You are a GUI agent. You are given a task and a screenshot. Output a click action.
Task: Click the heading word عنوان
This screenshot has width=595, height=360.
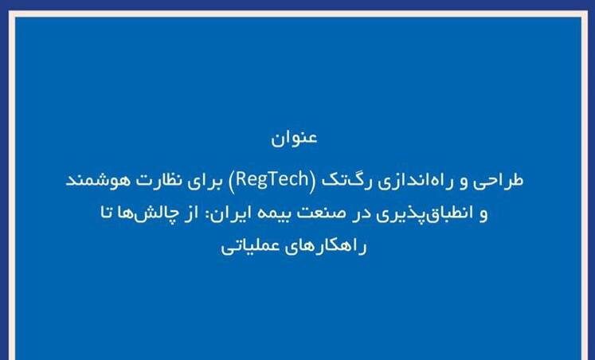[294, 137]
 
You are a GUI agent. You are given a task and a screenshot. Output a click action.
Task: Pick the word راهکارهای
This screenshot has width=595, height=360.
[330, 248]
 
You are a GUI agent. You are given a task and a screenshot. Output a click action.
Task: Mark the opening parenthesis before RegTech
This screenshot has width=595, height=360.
[313, 180]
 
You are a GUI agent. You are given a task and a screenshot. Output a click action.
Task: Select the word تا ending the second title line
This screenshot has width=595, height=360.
[107, 213]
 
